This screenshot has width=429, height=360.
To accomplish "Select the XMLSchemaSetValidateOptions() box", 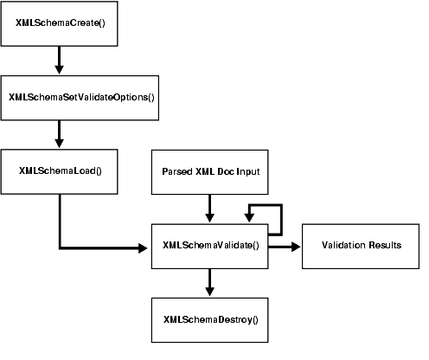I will tap(80, 96).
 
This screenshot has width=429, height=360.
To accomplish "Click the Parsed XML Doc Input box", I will tap(210, 170).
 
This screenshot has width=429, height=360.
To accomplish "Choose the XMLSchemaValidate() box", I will tap(210, 245).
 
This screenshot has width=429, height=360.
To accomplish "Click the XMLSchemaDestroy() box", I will tap(210, 319).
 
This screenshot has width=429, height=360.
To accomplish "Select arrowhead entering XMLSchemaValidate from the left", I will tap(144, 248).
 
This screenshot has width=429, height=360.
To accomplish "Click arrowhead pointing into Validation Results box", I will tap(296, 245).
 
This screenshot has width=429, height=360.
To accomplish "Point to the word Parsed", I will tap(177, 170).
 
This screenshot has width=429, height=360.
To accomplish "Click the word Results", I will tap(385, 245).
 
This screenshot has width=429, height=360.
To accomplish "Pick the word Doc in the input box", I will tap(225, 170).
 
